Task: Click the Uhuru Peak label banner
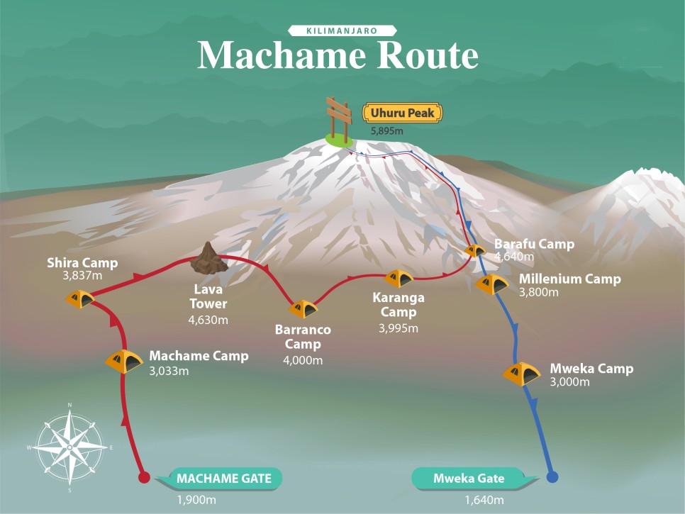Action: click(403, 112)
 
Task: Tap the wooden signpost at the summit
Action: click(338, 118)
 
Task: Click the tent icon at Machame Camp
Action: click(124, 362)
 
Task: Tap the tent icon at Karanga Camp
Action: click(399, 278)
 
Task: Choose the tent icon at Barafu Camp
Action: click(474, 250)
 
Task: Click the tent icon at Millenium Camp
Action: click(492, 284)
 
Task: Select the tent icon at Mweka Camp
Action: click(522, 373)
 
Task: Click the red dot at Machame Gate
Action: click(143, 477)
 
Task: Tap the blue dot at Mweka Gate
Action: click(553, 477)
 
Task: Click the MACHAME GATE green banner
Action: click(223, 479)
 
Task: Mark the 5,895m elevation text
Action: click(389, 132)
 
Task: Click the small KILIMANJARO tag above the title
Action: click(342, 30)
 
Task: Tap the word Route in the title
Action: click(424, 55)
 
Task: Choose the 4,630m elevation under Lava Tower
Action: click(208, 320)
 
